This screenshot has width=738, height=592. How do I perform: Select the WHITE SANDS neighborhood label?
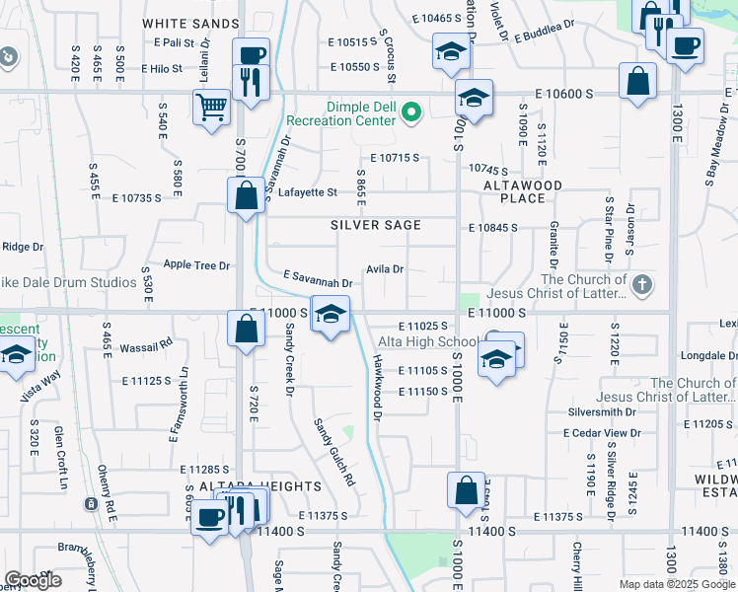point(190,23)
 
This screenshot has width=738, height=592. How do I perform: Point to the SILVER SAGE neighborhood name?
point(375,225)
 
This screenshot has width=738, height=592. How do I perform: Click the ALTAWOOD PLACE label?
point(522,191)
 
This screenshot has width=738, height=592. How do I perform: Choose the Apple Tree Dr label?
point(196,265)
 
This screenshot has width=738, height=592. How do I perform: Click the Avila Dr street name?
point(385,268)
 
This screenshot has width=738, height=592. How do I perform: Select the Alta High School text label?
point(428,342)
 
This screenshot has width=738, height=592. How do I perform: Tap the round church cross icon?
point(641,286)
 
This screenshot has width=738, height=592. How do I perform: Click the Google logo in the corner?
point(33,580)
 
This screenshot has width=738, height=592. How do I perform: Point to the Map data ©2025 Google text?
point(677,584)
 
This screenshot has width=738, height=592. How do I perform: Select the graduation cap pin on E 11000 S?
point(332,314)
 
